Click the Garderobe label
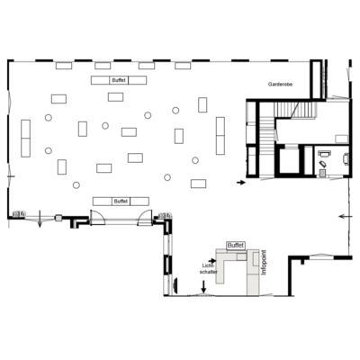[x=280, y=85]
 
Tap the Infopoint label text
[x=264, y=262]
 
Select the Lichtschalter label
[x=209, y=269]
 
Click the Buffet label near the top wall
[x=119, y=80]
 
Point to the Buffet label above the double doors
[x=121, y=202]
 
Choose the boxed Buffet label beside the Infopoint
[x=236, y=246]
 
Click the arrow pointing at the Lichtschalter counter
[x=212, y=261]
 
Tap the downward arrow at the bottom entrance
[x=203, y=286]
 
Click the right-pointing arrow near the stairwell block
[x=241, y=182]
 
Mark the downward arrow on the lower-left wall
[x=40, y=220]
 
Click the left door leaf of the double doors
[x=97, y=218]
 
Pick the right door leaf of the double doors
[x=145, y=218]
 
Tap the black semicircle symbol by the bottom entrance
[x=176, y=285]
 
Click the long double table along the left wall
[x=26, y=139]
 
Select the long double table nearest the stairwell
[x=220, y=136]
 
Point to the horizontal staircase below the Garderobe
[x=296, y=110]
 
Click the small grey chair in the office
[x=322, y=173]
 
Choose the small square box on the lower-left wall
[x=58, y=218]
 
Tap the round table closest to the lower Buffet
[x=76, y=185]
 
